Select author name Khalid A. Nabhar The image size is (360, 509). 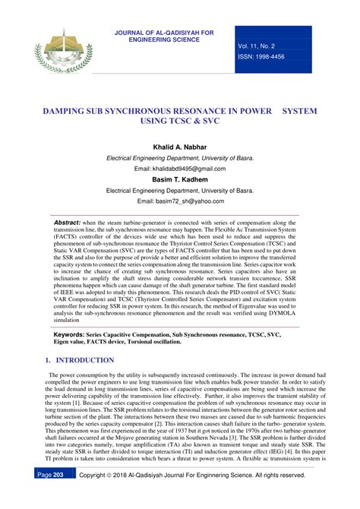(x=180, y=146)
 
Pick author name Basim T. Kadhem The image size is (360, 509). (x=180, y=179)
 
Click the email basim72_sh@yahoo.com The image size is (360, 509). (x=180, y=201)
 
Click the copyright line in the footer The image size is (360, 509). (x=198, y=495)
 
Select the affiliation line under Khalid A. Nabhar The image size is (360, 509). (x=180, y=157)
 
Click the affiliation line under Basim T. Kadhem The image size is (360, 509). (x=180, y=191)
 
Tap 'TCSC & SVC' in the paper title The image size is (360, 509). (x=179, y=121)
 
